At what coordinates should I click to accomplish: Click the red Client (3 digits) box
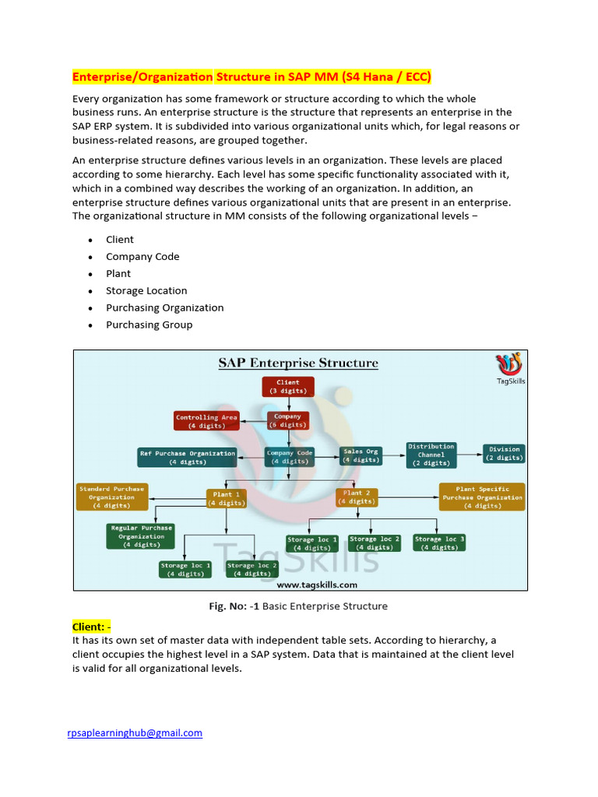[x=287, y=387]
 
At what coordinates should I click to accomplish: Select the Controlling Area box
[x=206, y=421]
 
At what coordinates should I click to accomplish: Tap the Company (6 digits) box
[x=287, y=421]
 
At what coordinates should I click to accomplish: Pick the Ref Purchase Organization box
[x=187, y=457]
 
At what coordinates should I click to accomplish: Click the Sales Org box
[x=361, y=455]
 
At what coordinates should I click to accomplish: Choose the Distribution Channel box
[x=431, y=455]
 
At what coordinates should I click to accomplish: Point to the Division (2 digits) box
[x=504, y=454]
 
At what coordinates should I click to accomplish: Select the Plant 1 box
[x=227, y=498]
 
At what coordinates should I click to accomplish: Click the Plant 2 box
[x=357, y=497]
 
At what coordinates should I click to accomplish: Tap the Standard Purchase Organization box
[x=111, y=497]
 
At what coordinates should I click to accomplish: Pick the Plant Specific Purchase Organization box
[x=482, y=497]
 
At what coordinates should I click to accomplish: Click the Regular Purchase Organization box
[x=141, y=536]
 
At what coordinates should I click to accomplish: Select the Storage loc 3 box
[x=439, y=542]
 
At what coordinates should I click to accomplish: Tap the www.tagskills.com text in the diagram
[x=317, y=585]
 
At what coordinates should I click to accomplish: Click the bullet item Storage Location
[x=146, y=291]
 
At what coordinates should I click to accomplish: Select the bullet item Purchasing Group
[x=149, y=325]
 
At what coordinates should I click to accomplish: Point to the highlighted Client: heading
[x=92, y=627]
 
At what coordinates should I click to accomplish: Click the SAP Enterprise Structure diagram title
[x=298, y=363]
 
